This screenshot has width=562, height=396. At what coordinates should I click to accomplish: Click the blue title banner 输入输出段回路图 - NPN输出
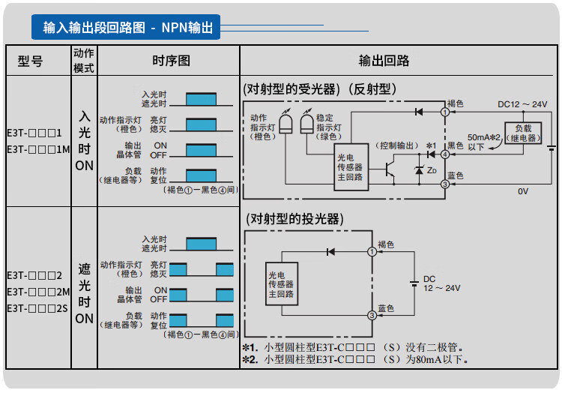[126, 28]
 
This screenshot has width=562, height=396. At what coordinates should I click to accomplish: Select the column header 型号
[30, 61]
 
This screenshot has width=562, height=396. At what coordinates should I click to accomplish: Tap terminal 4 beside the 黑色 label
[445, 154]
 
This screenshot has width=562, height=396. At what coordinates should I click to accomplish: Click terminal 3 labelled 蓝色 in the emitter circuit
[372, 316]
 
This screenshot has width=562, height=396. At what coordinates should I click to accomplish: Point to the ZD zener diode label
[431, 170]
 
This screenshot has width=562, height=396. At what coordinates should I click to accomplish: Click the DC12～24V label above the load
[523, 103]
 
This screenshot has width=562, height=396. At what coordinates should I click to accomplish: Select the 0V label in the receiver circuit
[522, 191]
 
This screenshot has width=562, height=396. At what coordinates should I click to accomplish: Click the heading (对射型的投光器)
[294, 219]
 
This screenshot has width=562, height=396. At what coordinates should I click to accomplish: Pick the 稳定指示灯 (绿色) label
[324, 127]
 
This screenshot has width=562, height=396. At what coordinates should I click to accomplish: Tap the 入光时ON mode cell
[84, 141]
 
